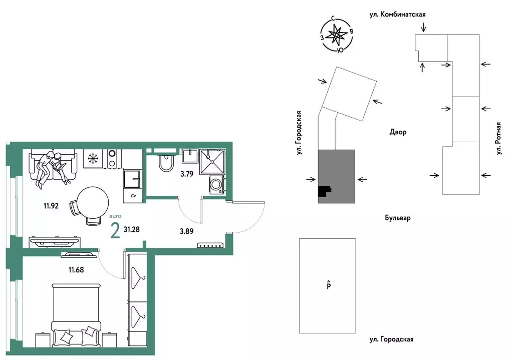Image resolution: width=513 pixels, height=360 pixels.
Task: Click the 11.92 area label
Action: point(51,206)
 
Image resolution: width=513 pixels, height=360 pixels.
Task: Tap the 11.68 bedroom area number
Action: point(76,270)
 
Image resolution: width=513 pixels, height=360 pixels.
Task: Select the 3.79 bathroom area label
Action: point(187,174)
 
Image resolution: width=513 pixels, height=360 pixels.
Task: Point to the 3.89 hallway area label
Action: point(186,231)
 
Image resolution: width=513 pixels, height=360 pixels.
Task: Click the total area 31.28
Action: point(132,229)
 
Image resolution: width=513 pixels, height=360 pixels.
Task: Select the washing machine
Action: point(217,184)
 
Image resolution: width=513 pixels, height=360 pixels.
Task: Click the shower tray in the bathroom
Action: point(212,161)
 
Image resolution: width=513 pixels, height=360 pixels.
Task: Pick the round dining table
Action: point(93,203)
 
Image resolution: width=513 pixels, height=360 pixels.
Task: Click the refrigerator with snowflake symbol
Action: point(93,159)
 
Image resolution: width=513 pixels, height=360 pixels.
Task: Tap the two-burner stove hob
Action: point(113,159)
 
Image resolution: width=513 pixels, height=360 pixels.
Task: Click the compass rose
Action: point(337,36)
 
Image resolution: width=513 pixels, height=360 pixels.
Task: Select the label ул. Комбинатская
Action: point(397,15)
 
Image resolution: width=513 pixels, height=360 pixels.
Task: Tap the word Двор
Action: point(398,132)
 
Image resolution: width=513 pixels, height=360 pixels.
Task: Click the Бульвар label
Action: point(397,218)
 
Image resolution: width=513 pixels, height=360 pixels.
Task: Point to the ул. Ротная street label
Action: point(498,138)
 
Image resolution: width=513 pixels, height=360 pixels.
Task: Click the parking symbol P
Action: point(329,285)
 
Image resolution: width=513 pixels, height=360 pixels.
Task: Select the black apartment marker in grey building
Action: point(324,191)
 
